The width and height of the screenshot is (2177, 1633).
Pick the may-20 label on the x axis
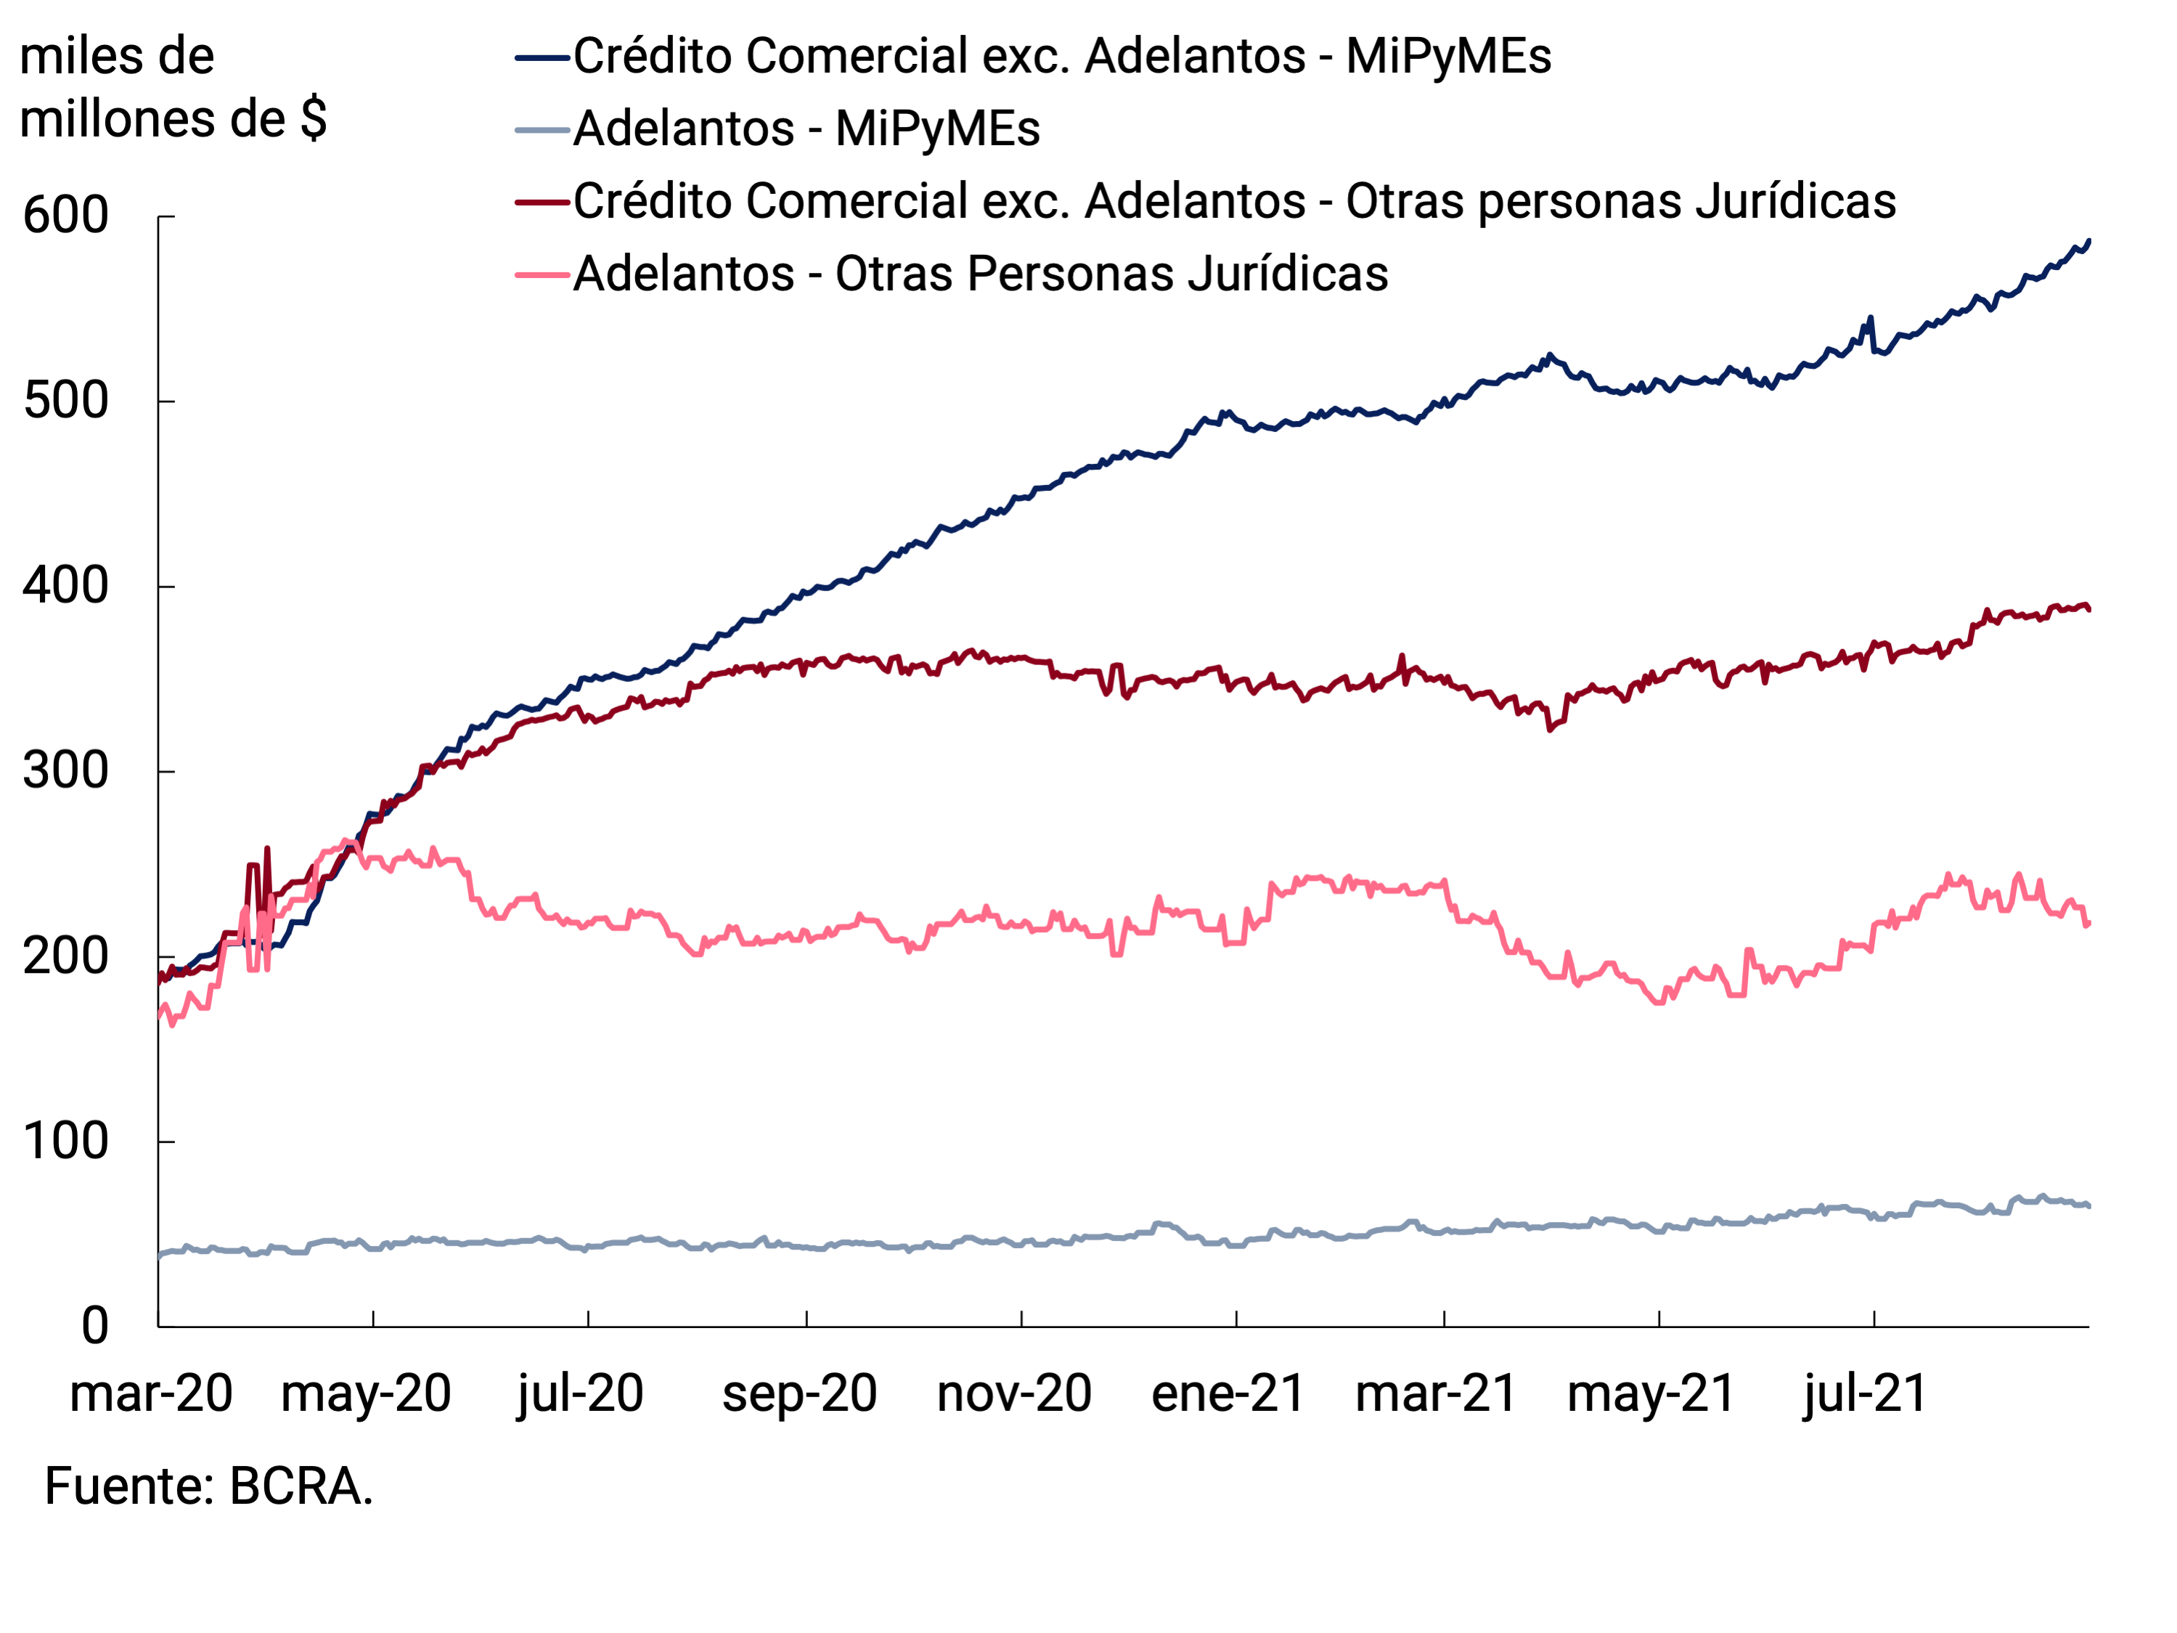point(365,1394)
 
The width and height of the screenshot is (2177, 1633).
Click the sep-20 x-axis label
point(799,1394)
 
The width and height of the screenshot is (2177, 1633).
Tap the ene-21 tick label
point(1228,1394)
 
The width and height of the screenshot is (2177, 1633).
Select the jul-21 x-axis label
point(1864,1394)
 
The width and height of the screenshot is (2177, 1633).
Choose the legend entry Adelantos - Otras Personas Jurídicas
point(980,274)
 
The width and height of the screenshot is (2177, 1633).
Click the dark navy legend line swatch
point(542,58)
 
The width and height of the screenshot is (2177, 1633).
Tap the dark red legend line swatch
point(542,203)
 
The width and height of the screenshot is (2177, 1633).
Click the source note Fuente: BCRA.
point(208,1486)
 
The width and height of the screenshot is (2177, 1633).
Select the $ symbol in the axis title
point(313,119)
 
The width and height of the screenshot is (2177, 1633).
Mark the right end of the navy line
point(2088,240)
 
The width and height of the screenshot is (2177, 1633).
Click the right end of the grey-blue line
point(2088,1206)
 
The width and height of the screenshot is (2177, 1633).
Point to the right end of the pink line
point(2088,922)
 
